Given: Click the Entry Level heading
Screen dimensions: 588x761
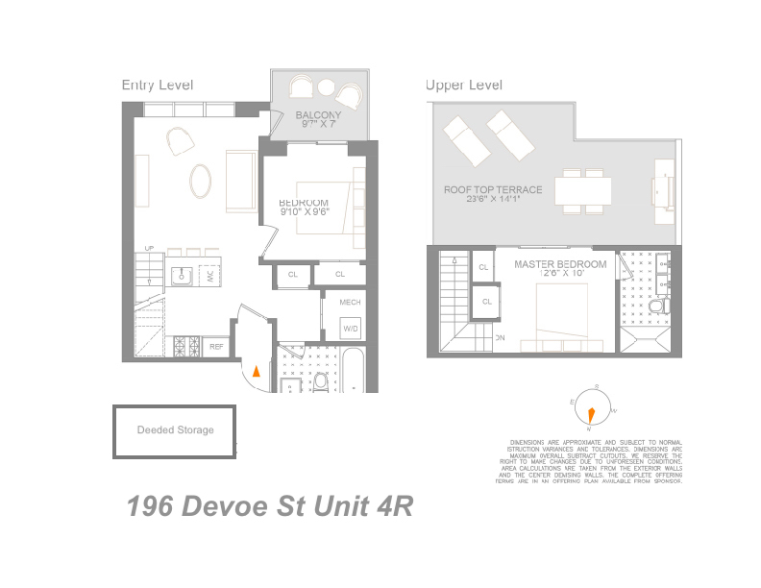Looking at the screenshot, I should pyautogui.click(x=158, y=86).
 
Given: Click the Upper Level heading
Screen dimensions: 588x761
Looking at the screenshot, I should pyautogui.click(x=464, y=86).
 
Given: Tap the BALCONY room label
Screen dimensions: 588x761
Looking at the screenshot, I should pyautogui.click(x=317, y=115).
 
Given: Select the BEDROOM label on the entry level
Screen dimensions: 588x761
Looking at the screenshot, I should pyautogui.click(x=304, y=203).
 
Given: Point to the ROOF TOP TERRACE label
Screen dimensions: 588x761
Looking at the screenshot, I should pyautogui.click(x=493, y=190).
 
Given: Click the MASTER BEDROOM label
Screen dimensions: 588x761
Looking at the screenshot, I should pyautogui.click(x=560, y=264).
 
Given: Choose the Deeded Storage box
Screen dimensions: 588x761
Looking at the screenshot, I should pyautogui.click(x=175, y=430).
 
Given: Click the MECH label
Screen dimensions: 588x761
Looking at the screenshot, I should pyautogui.click(x=351, y=303).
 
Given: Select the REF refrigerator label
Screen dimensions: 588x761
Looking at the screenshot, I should pyautogui.click(x=217, y=346).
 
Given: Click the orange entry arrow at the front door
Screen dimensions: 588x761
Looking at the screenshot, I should pyautogui.click(x=256, y=372).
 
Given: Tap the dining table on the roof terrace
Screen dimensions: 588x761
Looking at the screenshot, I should pyautogui.click(x=583, y=190).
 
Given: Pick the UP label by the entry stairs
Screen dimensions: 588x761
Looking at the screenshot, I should pyautogui.click(x=149, y=249).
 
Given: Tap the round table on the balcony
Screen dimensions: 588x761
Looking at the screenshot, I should pyautogui.click(x=326, y=88).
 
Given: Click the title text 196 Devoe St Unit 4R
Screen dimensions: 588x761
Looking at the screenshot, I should pyautogui.click(x=270, y=506).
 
